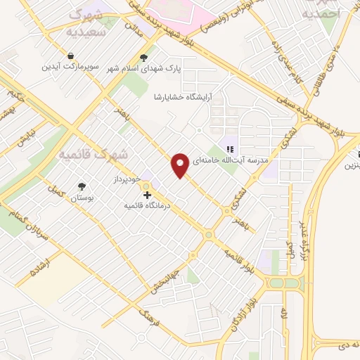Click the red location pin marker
coord(181,165)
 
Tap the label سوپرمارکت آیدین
coord(71,67)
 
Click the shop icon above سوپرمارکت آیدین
coord(71,56)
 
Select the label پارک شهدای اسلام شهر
coord(143,68)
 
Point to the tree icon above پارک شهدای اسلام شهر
coord(144,58)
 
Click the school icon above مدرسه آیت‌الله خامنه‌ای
coord(230,148)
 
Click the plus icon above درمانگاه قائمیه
coord(147,195)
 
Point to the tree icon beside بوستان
coord(82,186)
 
